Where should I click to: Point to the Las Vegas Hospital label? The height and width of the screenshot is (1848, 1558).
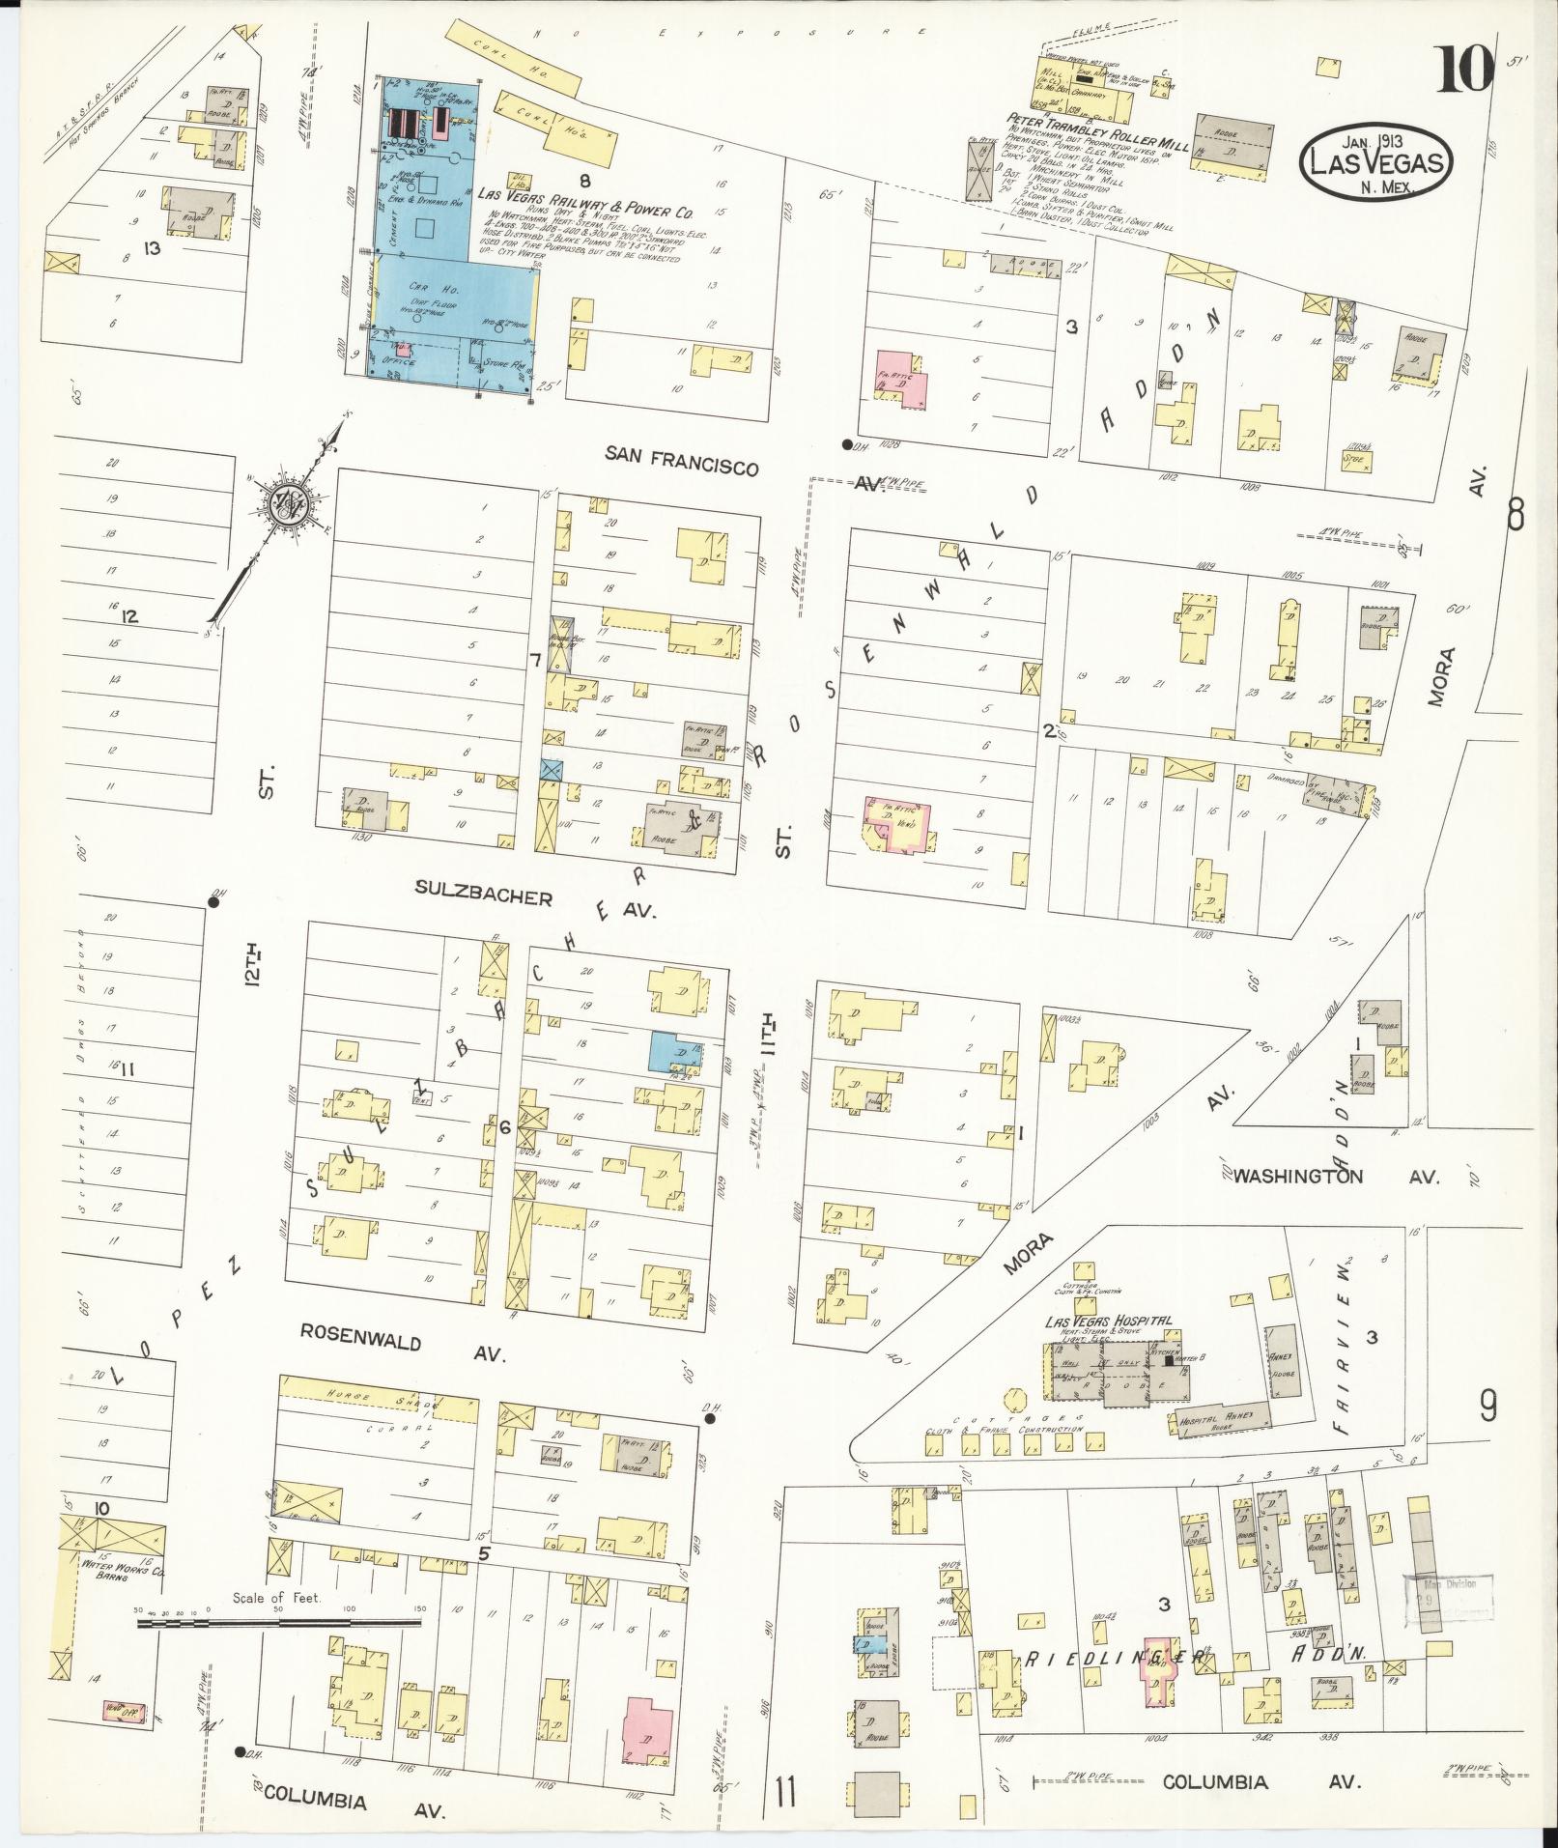(x=1107, y=1320)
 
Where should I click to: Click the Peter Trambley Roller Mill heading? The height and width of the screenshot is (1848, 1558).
(x=1091, y=114)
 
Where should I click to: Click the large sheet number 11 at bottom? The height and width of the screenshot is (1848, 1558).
(x=786, y=1794)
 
